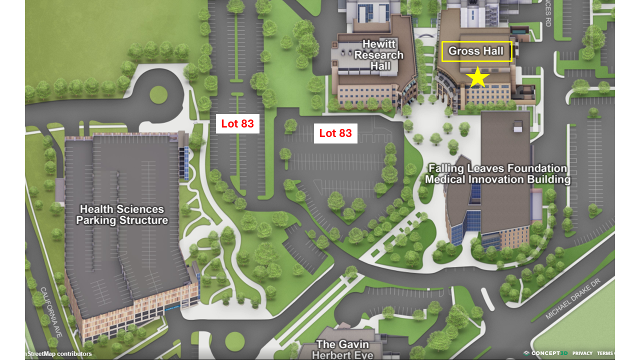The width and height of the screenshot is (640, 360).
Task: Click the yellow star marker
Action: pyautogui.click(x=478, y=77)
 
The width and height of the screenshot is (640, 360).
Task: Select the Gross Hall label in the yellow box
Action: pyautogui.click(x=476, y=51)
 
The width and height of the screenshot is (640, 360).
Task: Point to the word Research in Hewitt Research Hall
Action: pyautogui.click(x=378, y=55)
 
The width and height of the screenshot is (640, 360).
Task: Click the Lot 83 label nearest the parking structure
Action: pyautogui.click(x=237, y=123)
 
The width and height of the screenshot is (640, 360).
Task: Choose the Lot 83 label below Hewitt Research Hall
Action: pyautogui.click(x=335, y=133)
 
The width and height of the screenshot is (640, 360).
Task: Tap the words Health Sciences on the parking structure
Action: pyautogui.click(x=122, y=209)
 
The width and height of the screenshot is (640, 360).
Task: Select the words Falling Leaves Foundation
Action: pyautogui.click(x=497, y=168)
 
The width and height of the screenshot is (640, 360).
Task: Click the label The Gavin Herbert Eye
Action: pyautogui.click(x=342, y=349)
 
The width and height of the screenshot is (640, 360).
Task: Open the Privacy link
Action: pyautogui.click(x=582, y=353)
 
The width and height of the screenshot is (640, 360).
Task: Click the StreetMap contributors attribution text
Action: pyautogui.click(x=59, y=354)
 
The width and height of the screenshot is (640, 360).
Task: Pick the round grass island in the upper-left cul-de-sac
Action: pyautogui.click(x=158, y=95)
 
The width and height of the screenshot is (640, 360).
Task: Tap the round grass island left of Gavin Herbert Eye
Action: pyautogui.click(x=235, y=341)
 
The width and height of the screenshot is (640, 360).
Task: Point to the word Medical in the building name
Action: pyautogui.click(x=445, y=179)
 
